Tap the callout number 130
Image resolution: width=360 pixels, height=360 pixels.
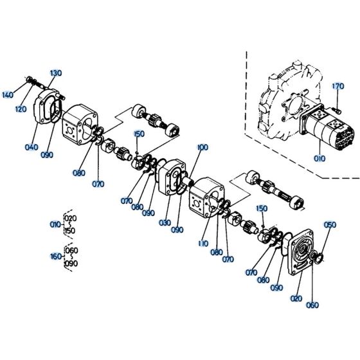tap(55, 73)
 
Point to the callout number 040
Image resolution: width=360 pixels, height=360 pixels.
tap(32, 147)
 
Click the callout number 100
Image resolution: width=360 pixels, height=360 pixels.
tap(203, 148)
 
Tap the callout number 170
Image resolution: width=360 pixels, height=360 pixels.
tap(338, 86)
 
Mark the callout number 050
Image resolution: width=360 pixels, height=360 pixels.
tap(330, 225)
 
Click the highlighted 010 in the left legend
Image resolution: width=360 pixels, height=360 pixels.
tap(56, 224)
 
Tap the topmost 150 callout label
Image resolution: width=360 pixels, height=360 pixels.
tap(138, 134)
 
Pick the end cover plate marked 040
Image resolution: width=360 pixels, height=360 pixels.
tap(50, 106)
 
